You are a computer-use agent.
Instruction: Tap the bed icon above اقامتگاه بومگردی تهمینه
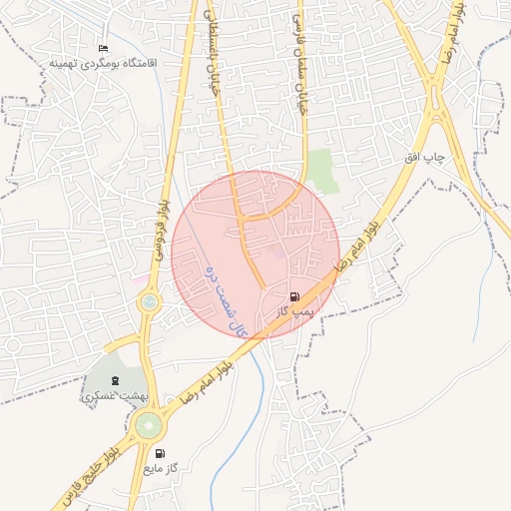click(x=102, y=48)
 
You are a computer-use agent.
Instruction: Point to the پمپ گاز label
click(x=295, y=311)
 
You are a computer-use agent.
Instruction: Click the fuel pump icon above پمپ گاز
click(x=293, y=296)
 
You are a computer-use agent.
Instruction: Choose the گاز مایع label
click(x=160, y=467)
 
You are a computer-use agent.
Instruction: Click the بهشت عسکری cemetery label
click(x=114, y=396)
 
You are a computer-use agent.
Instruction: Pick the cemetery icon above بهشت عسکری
click(x=115, y=380)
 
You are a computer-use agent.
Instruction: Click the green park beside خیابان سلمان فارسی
click(x=320, y=171)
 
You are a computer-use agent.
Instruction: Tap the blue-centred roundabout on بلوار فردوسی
click(x=150, y=301)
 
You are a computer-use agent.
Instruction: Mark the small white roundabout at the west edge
click(x=12, y=345)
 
